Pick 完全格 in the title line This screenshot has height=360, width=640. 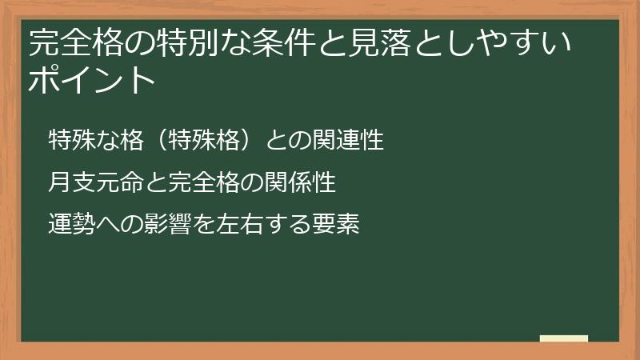point(78,44)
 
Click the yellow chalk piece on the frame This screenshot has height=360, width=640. point(564,338)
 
